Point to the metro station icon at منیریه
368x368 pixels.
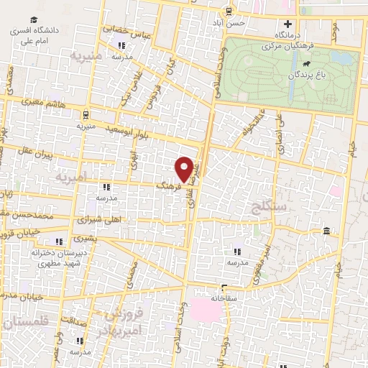[x=86, y=114]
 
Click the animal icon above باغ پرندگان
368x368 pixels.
[x=306, y=64]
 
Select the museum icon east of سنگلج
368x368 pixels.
[x=327, y=231]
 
